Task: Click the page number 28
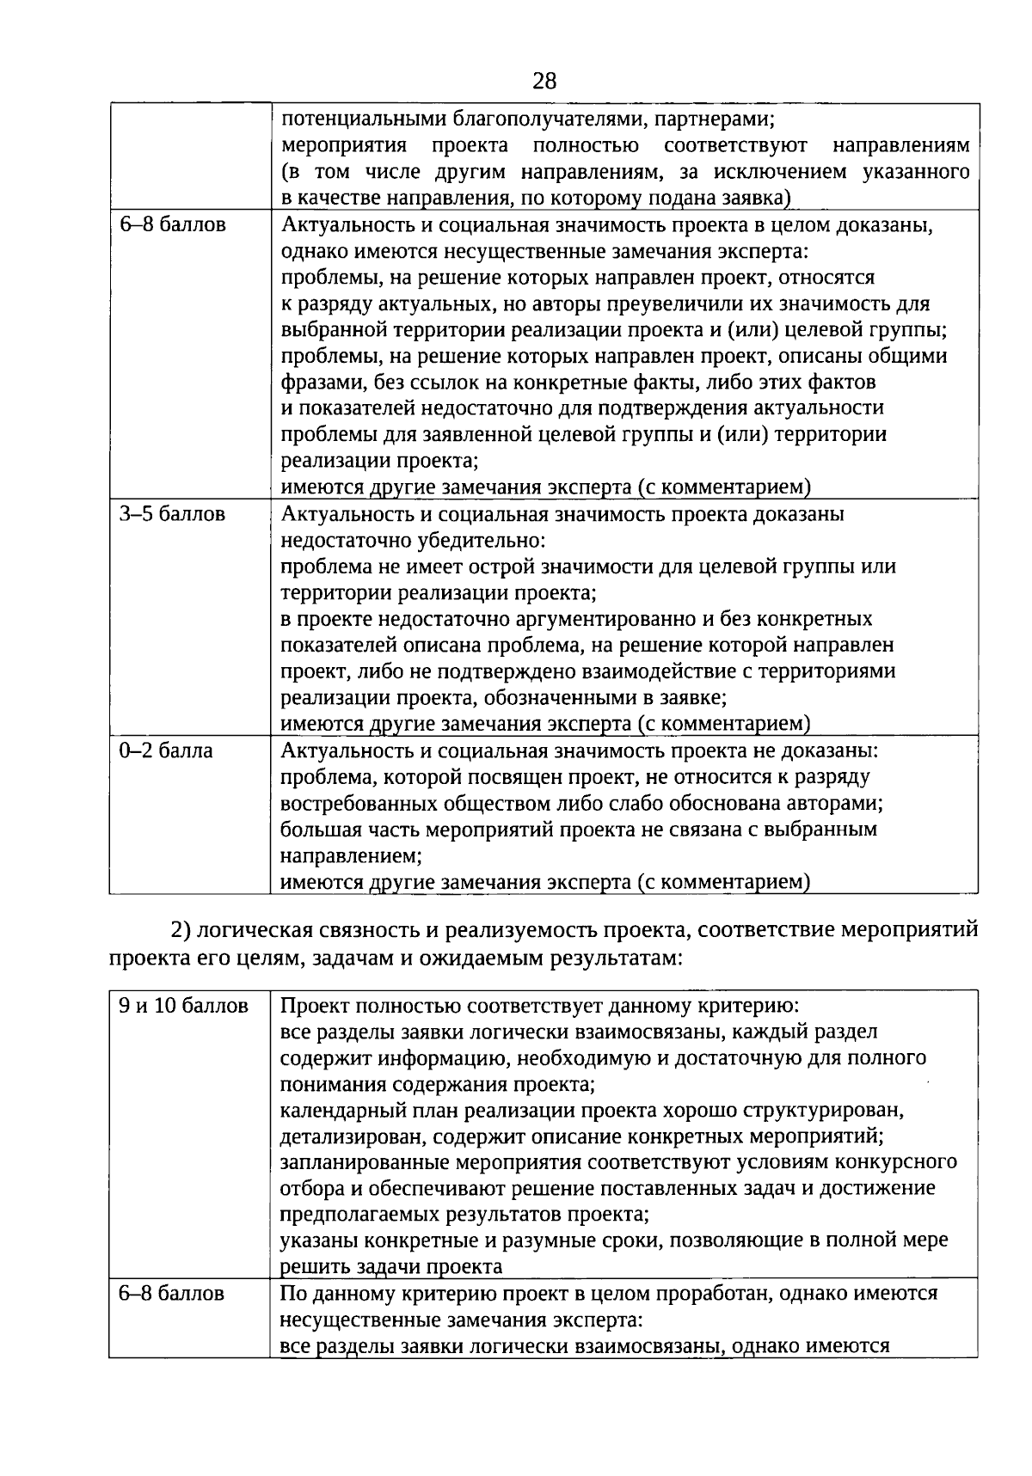pyautogui.click(x=544, y=82)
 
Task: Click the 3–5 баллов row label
pyautogui.click(x=172, y=514)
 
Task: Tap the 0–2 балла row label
pyautogui.click(x=165, y=750)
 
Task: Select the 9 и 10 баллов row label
pyautogui.click(x=183, y=1005)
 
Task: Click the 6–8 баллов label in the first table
pyautogui.click(x=172, y=225)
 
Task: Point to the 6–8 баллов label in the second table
pyautogui.click(x=172, y=1293)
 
